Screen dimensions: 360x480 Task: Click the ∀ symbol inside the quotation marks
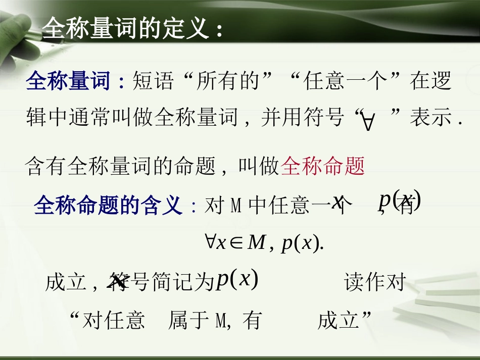click(368, 122)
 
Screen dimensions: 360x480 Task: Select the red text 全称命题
click(322, 166)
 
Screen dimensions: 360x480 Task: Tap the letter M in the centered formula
click(257, 243)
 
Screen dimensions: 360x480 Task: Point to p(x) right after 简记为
click(237, 280)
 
